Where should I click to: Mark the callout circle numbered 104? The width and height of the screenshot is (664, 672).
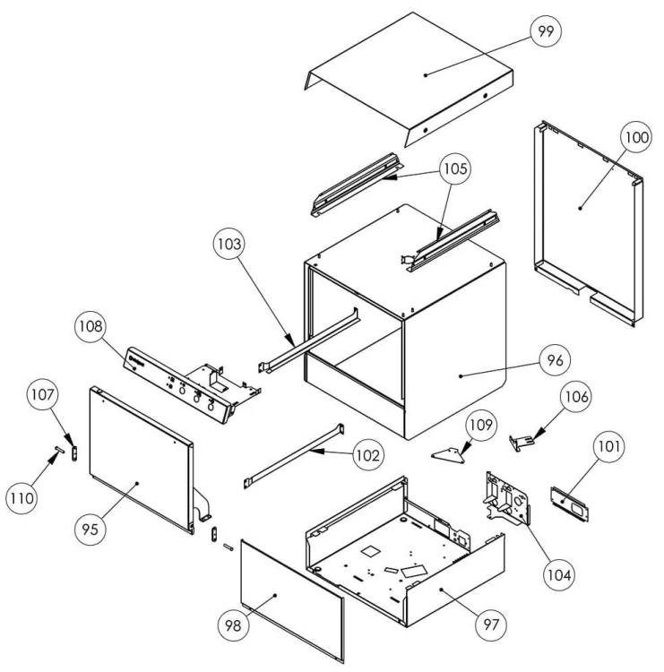coord(559,568)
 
